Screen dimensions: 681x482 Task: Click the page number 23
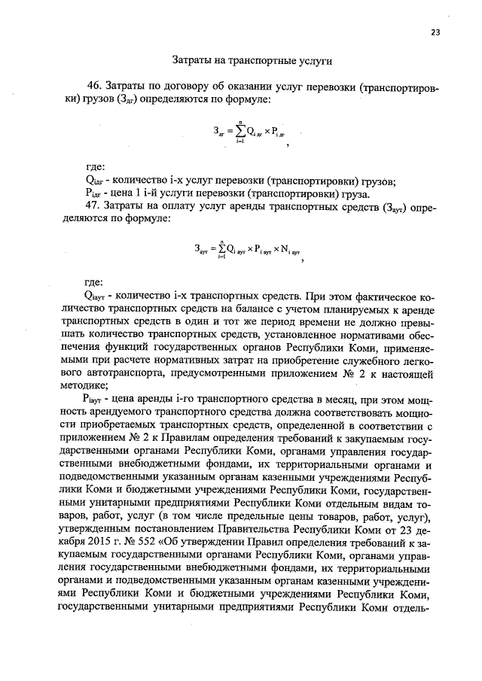[435, 32]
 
